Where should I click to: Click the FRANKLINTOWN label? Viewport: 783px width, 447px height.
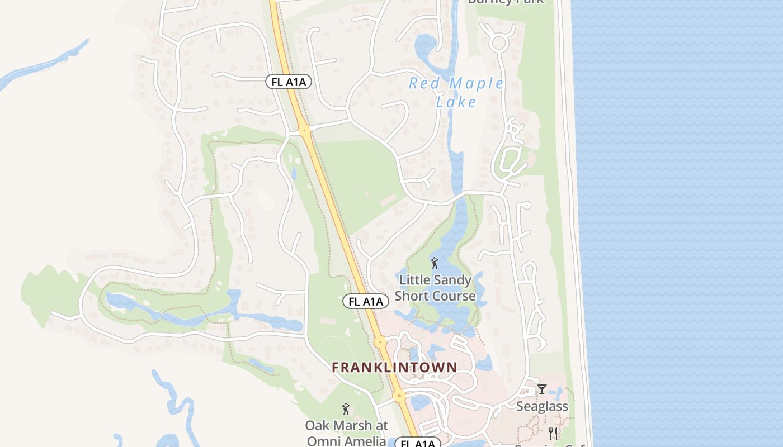pos(394,367)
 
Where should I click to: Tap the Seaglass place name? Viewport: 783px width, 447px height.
pos(542,406)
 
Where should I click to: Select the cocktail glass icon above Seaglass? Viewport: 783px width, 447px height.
pos(541,389)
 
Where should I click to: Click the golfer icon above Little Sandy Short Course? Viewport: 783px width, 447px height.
pos(435,263)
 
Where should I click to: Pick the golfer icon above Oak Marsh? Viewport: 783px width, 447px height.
pos(346,410)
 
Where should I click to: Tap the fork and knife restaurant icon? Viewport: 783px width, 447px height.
pos(553,433)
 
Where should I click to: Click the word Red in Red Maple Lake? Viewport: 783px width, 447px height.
pos(421,84)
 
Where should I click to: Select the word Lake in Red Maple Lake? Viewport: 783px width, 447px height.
pos(456,102)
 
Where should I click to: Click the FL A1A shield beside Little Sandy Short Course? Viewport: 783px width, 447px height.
pos(366,302)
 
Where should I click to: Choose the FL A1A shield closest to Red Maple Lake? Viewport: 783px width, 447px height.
pos(288,82)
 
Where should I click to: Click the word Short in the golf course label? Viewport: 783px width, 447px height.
pos(413,296)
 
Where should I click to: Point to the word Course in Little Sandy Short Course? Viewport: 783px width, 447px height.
pos(454,296)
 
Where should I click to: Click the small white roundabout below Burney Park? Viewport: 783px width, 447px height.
pos(498,41)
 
